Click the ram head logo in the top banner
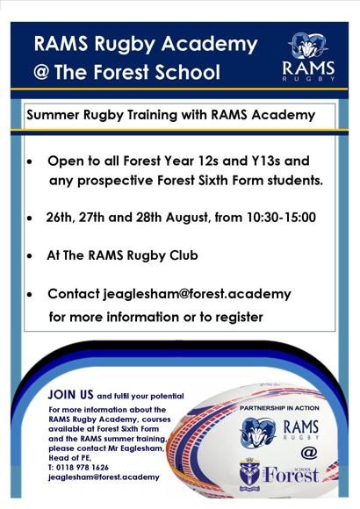click(x=308, y=47)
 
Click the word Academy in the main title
click(x=210, y=44)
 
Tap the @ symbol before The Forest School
click(x=41, y=72)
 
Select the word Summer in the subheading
click(x=53, y=115)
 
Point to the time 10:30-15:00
click(x=281, y=217)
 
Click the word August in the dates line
click(x=187, y=218)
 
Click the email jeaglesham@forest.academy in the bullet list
click(x=198, y=294)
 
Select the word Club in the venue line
click(x=184, y=255)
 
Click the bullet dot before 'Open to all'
click(x=30, y=161)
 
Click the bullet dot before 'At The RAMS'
click(x=30, y=256)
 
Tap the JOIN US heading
click(x=70, y=394)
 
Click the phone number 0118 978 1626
click(x=83, y=468)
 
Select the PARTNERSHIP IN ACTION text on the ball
click(x=279, y=408)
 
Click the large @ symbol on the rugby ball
click(x=309, y=452)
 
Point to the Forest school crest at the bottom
click(x=249, y=474)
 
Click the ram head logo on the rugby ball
click(x=259, y=433)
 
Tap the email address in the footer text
click(x=104, y=477)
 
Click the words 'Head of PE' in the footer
click(x=70, y=458)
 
